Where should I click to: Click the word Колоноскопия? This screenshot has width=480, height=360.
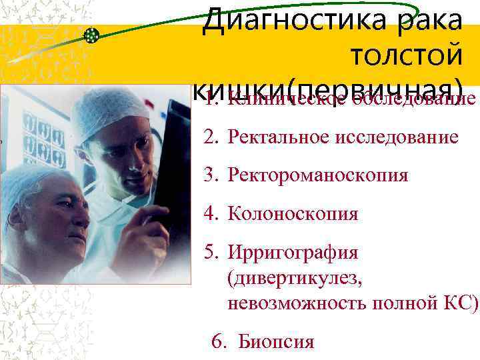click(293, 214)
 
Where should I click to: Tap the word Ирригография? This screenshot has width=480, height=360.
click(293, 253)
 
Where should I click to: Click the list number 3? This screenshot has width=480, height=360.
click(210, 175)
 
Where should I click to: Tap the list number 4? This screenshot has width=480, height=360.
click(210, 214)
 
